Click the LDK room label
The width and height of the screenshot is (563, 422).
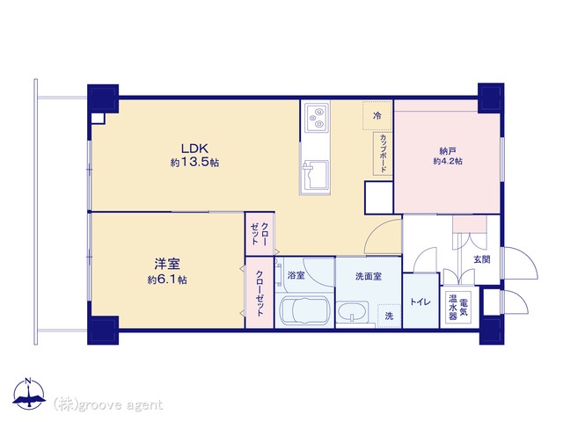pyautogui.click(x=194, y=148)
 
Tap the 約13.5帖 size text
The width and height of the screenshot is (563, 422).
pyautogui.click(x=194, y=163)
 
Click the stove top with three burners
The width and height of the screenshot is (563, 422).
pyautogui.click(x=317, y=117)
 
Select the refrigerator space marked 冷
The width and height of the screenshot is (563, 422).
pyautogui.click(x=377, y=115)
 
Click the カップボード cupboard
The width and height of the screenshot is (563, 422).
pyautogui.click(x=383, y=154)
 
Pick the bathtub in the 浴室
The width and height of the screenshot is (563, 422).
pyautogui.click(x=305, y=310)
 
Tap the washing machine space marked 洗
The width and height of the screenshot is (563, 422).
pyautogui.click(x=389, y=316)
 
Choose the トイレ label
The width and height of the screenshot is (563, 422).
pyautogui.click(x=420, y=302)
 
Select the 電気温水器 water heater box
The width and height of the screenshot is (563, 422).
pyautogui.click(x=458, y=307)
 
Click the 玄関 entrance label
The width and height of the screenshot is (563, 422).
pyautogui.click(x=482, y=259)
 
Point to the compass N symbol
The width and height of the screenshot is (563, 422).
pyautogui.click(x=29, y=394)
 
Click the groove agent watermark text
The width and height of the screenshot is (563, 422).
pyautogui.click(x=108, y=405)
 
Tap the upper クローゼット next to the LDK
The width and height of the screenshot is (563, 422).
pyautogui.click(x=260, y=234)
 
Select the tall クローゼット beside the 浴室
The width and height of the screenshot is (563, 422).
pyautogui.click(x=260, y=293)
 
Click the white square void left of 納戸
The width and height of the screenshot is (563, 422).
pyautogui.click(x=379, y=198)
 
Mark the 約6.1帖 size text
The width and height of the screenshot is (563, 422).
pyautogui.click(x=167, y=280)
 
